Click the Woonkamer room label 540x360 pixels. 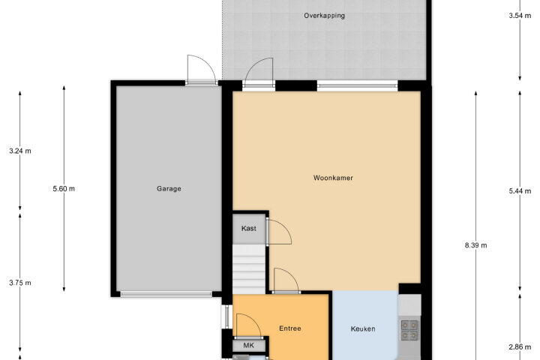(333, 178)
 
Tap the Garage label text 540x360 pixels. (169, 189)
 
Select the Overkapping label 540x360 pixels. (325, 16)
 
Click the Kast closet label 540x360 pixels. (249, 229)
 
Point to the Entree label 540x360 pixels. (290, 328)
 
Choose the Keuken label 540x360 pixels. (363, 329)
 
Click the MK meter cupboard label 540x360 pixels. (249, 345)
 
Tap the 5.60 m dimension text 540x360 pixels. (64, 189)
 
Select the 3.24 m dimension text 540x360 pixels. (20, 151)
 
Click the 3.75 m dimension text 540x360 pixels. (20, 283)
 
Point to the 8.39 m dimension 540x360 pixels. (476, 245)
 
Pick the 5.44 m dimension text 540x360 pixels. (520, 190)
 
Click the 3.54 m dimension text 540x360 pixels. (520, 16)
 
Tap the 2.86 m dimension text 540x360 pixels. (520, 347)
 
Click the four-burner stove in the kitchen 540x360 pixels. (409, 330)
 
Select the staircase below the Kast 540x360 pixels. (249, 269)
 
